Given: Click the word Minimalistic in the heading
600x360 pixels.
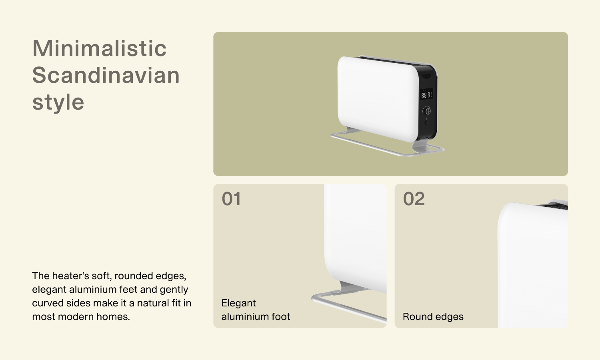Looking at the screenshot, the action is coord(99,48).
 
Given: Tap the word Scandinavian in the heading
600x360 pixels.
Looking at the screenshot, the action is coord(106,75).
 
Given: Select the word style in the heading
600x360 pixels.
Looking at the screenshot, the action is coord(58,102).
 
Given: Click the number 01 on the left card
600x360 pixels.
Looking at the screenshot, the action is coord(231,199).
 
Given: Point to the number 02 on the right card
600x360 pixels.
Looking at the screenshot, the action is coord(414,199).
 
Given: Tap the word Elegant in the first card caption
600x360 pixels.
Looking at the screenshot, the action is coord(239,303).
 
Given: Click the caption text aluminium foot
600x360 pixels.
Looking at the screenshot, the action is coord(256,317).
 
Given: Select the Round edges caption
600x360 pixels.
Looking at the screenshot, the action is coord(433,317).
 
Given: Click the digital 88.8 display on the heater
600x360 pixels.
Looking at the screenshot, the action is coord(426,95).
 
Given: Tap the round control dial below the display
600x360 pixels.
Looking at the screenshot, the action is coord(427,110).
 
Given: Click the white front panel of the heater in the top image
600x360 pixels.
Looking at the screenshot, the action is coord(378,99).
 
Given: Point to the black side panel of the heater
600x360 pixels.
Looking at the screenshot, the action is coord(428,102).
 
